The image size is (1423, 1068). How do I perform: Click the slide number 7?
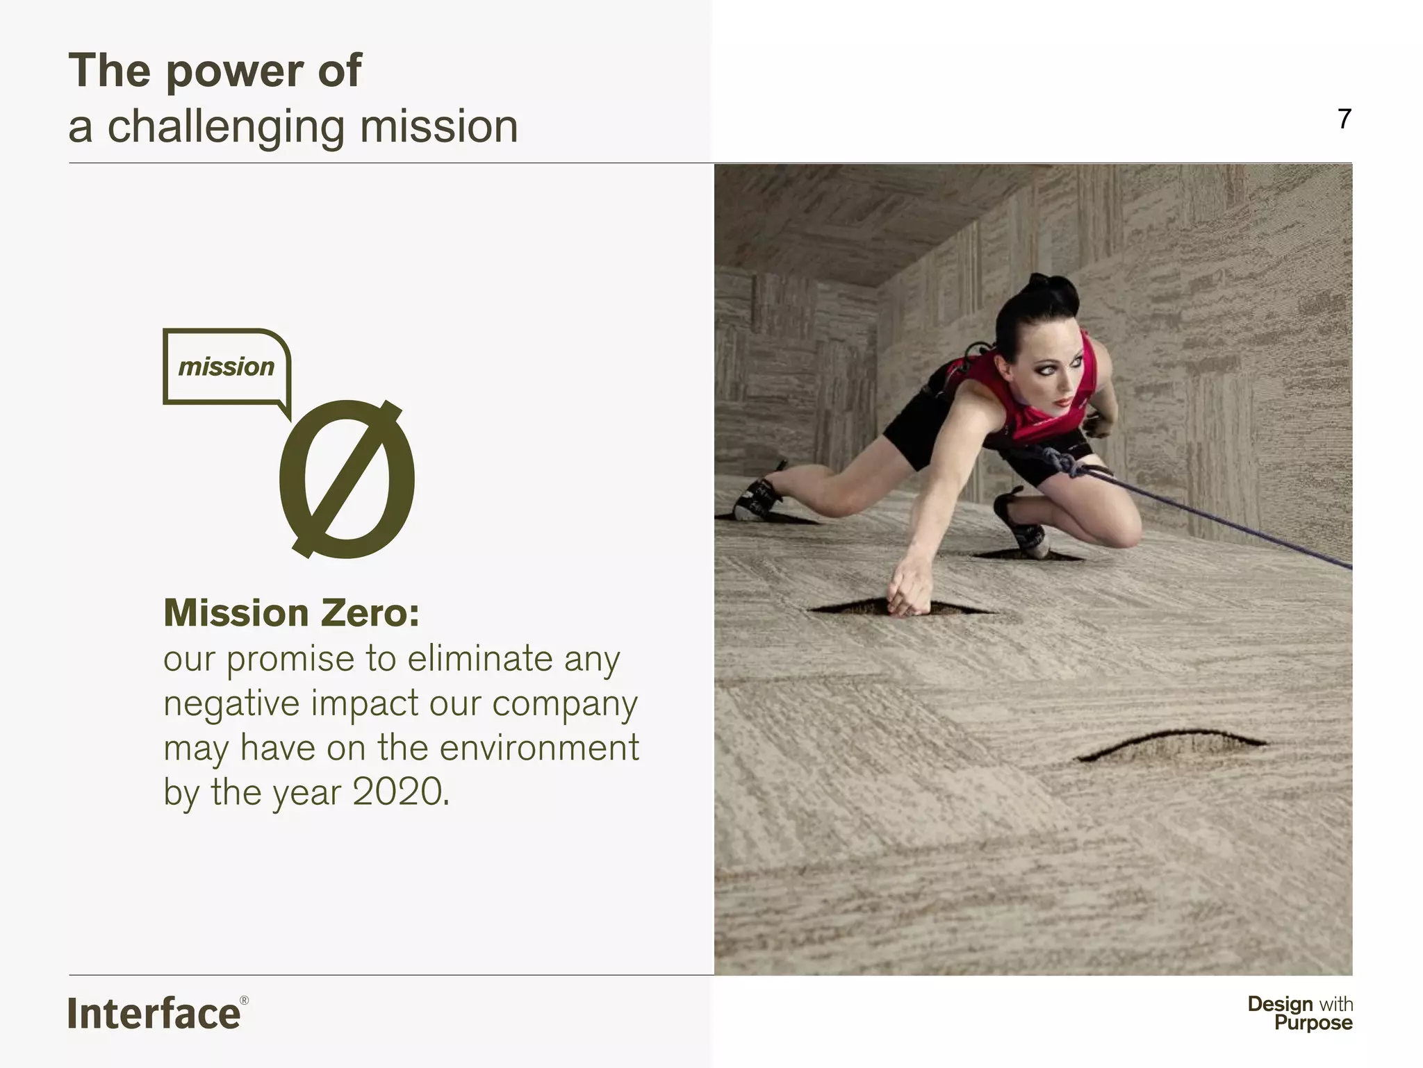[x=1344, y=119]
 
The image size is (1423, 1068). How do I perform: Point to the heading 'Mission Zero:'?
[x=291, y=613]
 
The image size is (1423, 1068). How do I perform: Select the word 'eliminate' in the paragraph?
[x=479, y=658]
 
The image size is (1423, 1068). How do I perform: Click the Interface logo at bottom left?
[x=154, y=1013]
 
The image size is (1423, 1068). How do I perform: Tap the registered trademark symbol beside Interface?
[x=244, y=1001]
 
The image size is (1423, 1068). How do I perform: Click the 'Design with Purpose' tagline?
[x=1299, y=1013]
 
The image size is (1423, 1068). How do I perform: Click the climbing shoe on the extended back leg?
[x=755, y=499]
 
